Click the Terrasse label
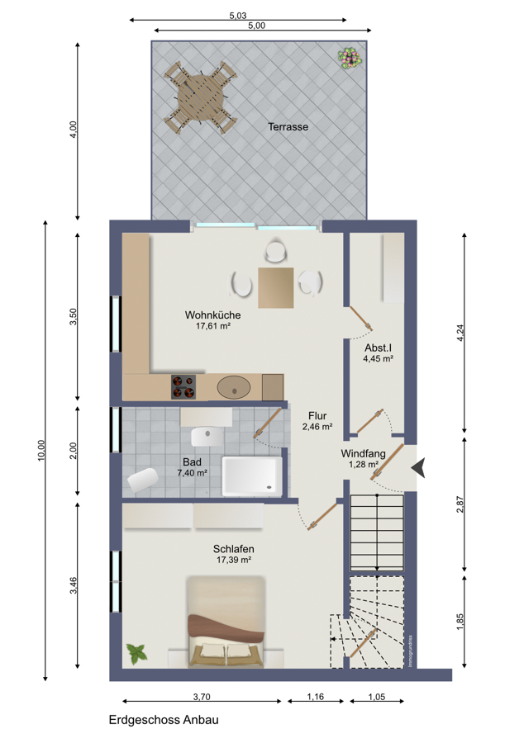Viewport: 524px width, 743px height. tap(288, 127)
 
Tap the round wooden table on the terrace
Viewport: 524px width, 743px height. tap(201, 98)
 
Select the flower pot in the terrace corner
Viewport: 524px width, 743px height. tap(350, 59)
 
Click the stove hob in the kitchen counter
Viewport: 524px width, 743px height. tap(183, 386)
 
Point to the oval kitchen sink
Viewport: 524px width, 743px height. tap(234, 387)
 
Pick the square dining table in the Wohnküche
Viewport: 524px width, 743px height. tap(275, 287)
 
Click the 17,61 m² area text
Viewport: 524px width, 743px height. tap(213, 326)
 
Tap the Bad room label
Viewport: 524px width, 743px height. tap(192, 462)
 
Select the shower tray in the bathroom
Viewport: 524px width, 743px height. tap(252, 476)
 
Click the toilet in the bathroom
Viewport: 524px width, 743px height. tap(143, 480)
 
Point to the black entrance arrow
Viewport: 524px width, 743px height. tap(418, 468)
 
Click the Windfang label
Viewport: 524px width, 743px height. tap(363, 454)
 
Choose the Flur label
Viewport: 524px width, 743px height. tap(317, 416)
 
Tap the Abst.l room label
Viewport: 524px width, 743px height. tap(378, 348)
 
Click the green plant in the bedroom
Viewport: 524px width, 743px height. tap(137, 654)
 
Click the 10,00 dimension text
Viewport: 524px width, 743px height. tap(41, 450)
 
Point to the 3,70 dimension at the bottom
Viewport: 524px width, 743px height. tap(202, 697)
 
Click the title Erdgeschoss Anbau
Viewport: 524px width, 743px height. tap(164, 720)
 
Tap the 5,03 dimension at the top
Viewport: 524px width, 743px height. tap(238, 16)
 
